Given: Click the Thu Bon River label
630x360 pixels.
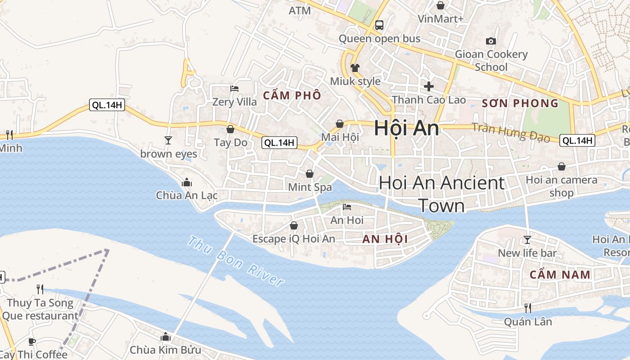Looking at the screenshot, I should pos(236,261).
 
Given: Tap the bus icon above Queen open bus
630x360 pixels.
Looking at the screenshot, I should pos(379,25).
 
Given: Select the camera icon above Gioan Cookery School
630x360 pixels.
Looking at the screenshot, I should pos(491,41).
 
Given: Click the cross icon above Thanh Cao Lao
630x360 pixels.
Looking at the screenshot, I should pos(429,86).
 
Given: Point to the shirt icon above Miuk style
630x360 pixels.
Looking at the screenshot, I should pos(355,68).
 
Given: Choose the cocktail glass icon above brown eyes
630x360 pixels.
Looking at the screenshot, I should pos(168,140).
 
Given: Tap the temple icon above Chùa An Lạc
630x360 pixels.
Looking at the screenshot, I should pos(186,182).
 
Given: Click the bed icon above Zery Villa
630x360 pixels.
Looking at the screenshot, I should pos(234,88).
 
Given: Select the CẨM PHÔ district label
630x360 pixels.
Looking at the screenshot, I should pos(292,95).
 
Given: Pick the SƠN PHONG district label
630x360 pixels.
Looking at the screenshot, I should pos(520,103).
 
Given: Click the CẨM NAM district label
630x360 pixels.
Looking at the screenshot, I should pos(560,274).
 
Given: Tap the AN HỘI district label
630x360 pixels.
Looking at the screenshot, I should pos(385,239).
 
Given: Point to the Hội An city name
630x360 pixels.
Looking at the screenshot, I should pos(406,129).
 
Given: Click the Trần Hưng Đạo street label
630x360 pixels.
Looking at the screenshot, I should pos(511,132).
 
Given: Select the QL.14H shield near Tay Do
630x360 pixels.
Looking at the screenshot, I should pos(279,143).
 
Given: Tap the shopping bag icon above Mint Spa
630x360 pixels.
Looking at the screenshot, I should pos(310,174).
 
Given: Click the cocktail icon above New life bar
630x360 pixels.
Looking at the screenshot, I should pos(527,239).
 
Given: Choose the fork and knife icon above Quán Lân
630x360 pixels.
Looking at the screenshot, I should pos(528,308).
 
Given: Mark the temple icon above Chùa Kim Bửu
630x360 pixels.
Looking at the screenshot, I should pos(166,337).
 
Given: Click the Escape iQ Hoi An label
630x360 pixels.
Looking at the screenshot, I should pos(294,239).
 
